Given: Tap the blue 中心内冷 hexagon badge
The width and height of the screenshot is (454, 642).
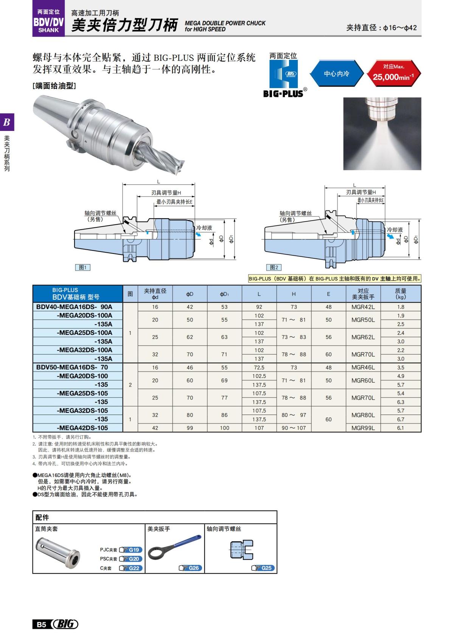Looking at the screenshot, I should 336,74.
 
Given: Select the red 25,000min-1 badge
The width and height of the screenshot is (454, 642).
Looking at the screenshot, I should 393,73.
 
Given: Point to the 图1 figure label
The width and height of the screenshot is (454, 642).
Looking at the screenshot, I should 82,267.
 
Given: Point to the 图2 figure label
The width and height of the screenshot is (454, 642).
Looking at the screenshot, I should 274,267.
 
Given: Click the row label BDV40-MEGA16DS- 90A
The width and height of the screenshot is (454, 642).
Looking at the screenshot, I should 74,307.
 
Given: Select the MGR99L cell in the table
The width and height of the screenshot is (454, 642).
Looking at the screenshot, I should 363,428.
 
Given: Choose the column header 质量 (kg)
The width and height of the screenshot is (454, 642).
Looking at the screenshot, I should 400,294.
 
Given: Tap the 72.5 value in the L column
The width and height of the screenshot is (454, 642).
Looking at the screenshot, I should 259,367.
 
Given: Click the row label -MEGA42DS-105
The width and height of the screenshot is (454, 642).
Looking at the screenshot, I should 82,428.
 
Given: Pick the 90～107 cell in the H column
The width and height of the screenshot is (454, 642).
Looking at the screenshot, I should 294,428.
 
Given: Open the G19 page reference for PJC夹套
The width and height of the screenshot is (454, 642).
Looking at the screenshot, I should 131,550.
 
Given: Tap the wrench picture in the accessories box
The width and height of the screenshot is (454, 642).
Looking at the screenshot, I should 174,547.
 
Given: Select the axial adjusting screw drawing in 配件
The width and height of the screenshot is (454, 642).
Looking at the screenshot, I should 241,550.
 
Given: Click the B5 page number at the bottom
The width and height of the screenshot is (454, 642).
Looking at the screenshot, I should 41,624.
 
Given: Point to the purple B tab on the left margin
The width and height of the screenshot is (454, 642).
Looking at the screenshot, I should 7,122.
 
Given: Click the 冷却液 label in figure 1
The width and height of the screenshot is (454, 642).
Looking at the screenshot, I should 204,228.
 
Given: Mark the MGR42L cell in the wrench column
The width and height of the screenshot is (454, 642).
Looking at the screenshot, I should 363,307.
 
